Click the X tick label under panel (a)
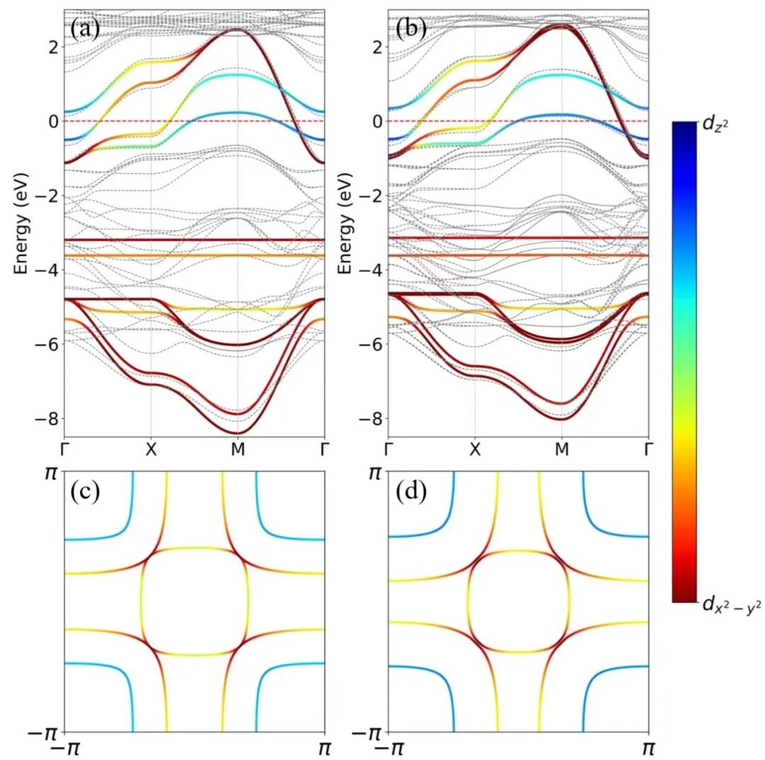(151, 449)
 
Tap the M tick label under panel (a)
(237, 449)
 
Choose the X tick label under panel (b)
(475, 449)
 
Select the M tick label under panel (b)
(561, 449)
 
